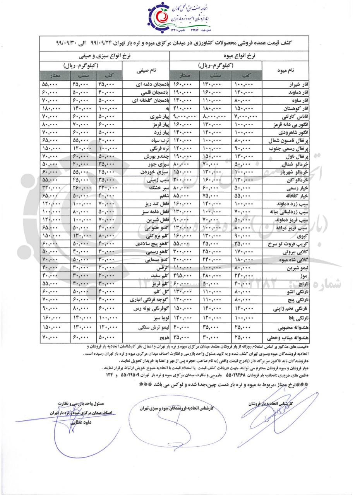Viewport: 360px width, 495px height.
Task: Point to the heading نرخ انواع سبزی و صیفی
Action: (x=106, y=56)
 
